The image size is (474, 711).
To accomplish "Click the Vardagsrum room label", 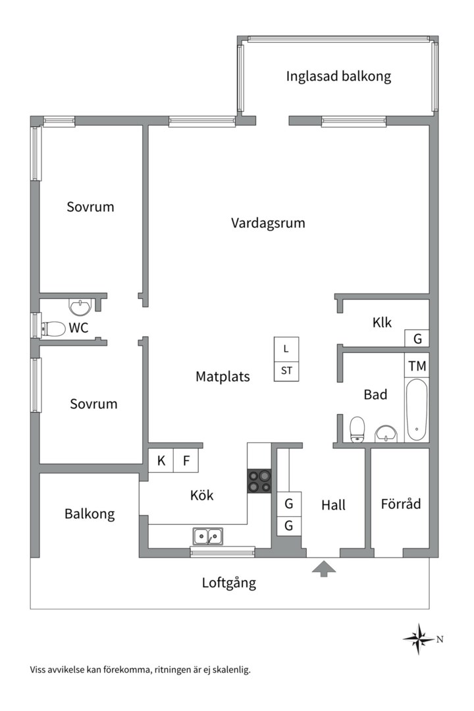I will point(268,223).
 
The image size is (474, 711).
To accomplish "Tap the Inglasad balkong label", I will point(338,76).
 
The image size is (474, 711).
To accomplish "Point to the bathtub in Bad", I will point(416,409).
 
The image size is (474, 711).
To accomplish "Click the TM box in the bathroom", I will point(417,366).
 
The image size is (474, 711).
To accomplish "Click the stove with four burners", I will point(259,481).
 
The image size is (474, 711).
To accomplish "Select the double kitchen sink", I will point(207,537).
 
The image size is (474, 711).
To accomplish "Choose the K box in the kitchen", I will point(161,461).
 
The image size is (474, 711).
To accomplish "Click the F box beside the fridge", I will point(186,461).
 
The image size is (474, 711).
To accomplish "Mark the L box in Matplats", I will point(286,348).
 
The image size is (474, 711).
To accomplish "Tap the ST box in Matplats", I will point(286,371).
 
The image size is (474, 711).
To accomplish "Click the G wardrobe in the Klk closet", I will point(417,338).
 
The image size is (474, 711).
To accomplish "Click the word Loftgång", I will point(228,582).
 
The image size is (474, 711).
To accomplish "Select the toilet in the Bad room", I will point(358,429).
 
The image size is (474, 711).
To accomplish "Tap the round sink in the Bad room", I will point(386,434).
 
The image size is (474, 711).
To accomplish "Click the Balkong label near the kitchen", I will point(90,513).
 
